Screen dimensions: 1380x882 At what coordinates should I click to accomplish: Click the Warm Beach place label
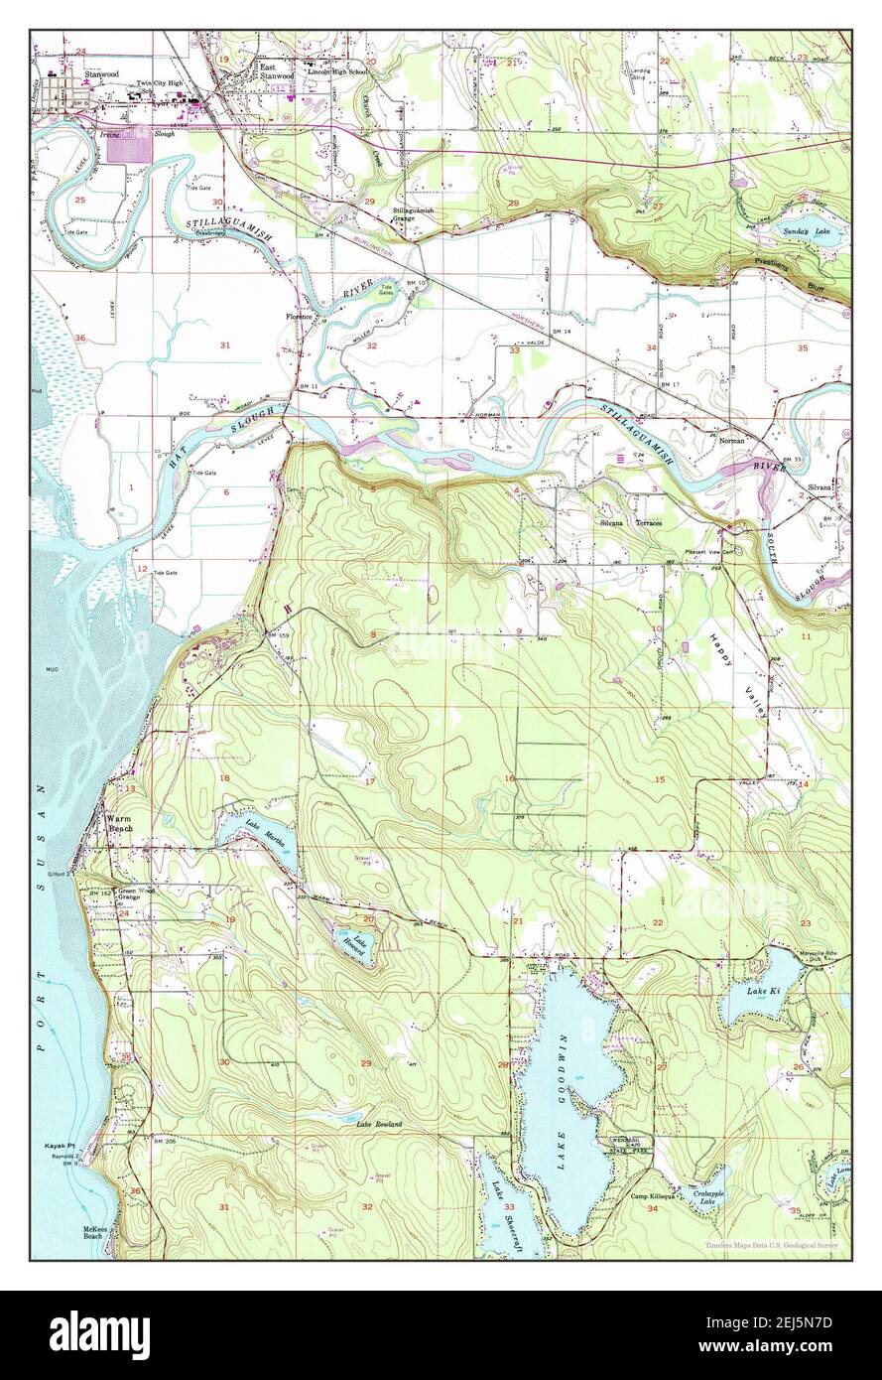click(x=120, y=823)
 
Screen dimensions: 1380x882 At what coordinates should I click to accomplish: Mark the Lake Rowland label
click(x=380, y=1124)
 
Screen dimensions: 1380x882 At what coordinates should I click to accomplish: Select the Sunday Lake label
click(x=811, y=230)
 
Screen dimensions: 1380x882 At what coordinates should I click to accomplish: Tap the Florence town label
click(x=300, y=317)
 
